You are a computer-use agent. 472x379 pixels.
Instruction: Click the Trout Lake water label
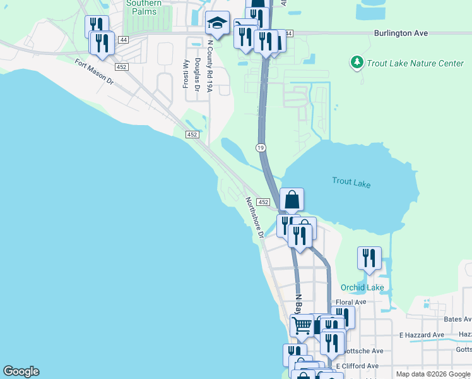point(351,183)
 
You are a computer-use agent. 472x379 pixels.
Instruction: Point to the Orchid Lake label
point(362,287)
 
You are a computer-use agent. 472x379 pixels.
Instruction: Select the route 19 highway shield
point(260,147)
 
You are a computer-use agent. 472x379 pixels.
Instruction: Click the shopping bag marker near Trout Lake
point(292,200)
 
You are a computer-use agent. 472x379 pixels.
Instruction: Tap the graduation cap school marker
point(217,24)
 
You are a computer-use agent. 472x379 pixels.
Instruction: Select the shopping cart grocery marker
point(302,325)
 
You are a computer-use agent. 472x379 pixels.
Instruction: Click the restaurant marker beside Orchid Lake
point(369,258)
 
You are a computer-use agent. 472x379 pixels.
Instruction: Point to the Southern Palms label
point(144,3)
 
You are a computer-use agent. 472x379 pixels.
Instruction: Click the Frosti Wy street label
point(186,73)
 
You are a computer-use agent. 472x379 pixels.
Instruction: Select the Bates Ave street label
point(457,320)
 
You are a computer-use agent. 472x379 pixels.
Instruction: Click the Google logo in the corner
point(21,371)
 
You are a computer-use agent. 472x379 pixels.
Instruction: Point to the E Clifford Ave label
point(357,366)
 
